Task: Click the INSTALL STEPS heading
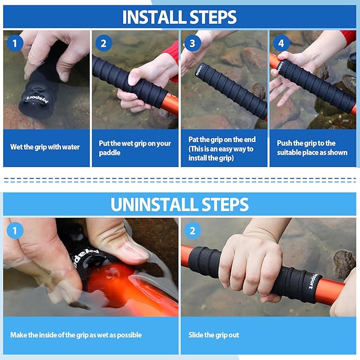pyautogui.click(x=179, y=17)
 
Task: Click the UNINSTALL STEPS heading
pyautogui.click(x=179, y=204)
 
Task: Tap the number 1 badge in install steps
pyautogui.click(x=15, y=43)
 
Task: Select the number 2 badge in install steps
pyautogui.click(x=104, y=43)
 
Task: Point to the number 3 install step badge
pyautogui.click(x=192, y=43)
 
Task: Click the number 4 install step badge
pyautogui.click(x=281, y=43)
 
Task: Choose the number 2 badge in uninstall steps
pyautogui.click(x=193, y=231)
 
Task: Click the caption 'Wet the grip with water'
pyautogui.click(x=45, y=147)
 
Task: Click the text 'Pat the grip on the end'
pyautogui.click(x=221, y=139)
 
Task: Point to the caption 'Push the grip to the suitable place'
pyautogui.click(x=312, y=148)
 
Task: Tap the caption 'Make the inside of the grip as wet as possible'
pyautogui.click(x=76, y=335)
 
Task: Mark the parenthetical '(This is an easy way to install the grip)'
pyautogui.click(x=221, y=153)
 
